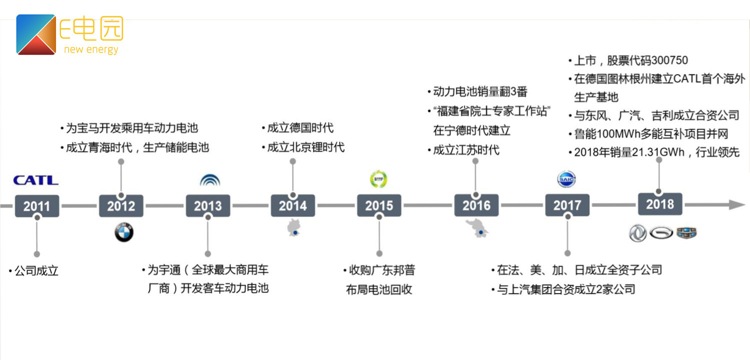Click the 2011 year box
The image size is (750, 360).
click(37, 205)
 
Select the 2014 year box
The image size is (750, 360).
click(293, 205)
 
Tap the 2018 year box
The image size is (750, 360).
click(659, 204)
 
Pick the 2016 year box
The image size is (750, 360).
click(476, 205)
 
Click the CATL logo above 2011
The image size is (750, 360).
click(35, 180)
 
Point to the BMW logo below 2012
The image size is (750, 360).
click(124, 232)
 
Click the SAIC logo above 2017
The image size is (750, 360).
click(566, 179)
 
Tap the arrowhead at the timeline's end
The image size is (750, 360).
click(737, 204)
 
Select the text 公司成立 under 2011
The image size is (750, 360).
click(36, 271)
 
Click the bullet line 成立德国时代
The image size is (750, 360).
click(300, 128)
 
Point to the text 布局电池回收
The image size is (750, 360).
click(379, 289)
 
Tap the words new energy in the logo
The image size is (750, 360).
click(91, 49)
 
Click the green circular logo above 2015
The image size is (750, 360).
click(378, 179)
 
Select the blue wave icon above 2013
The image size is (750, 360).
click(210, 180)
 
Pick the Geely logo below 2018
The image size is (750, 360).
click(686, 232)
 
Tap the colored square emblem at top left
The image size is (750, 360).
click(36, 34)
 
